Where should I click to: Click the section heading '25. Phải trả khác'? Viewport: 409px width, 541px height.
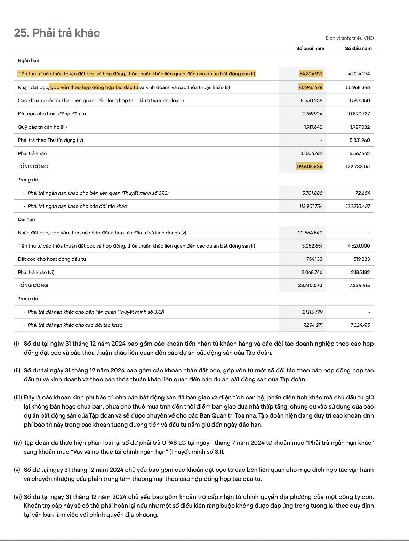[x=57, y=33]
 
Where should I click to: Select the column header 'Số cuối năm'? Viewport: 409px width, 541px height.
[x=310, y=48]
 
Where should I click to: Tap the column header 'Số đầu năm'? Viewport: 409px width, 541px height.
[x=358, y=48]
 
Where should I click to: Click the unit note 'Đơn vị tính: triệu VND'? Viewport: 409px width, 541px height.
[x=350, y=38]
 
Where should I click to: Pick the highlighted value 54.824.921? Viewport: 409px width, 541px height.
[x=311, y=74]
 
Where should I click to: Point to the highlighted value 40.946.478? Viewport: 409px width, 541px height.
[x=311, y=87]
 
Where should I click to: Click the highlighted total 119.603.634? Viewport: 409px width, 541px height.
[x=310, y=167]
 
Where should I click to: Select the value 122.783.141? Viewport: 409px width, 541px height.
[x=358, y=167]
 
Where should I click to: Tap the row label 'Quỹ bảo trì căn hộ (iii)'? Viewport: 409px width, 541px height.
[x=42, y=127]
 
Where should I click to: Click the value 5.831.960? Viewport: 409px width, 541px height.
[x=360, y=140]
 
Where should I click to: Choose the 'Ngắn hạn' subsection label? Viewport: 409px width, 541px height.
[x=29, y=60]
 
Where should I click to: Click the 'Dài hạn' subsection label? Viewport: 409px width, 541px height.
[x=26, y=219]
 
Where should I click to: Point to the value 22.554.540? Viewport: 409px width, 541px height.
[x=310, y=233]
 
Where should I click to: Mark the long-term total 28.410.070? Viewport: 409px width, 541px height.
[x=310, y=285]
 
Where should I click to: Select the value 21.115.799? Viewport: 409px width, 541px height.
[x=312, y=312]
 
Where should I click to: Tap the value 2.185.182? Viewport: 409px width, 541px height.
[x=360, y=272]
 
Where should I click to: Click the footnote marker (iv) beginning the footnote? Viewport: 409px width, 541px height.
[x=18, y=443]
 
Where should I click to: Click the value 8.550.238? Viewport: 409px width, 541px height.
[x=311, y=100]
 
